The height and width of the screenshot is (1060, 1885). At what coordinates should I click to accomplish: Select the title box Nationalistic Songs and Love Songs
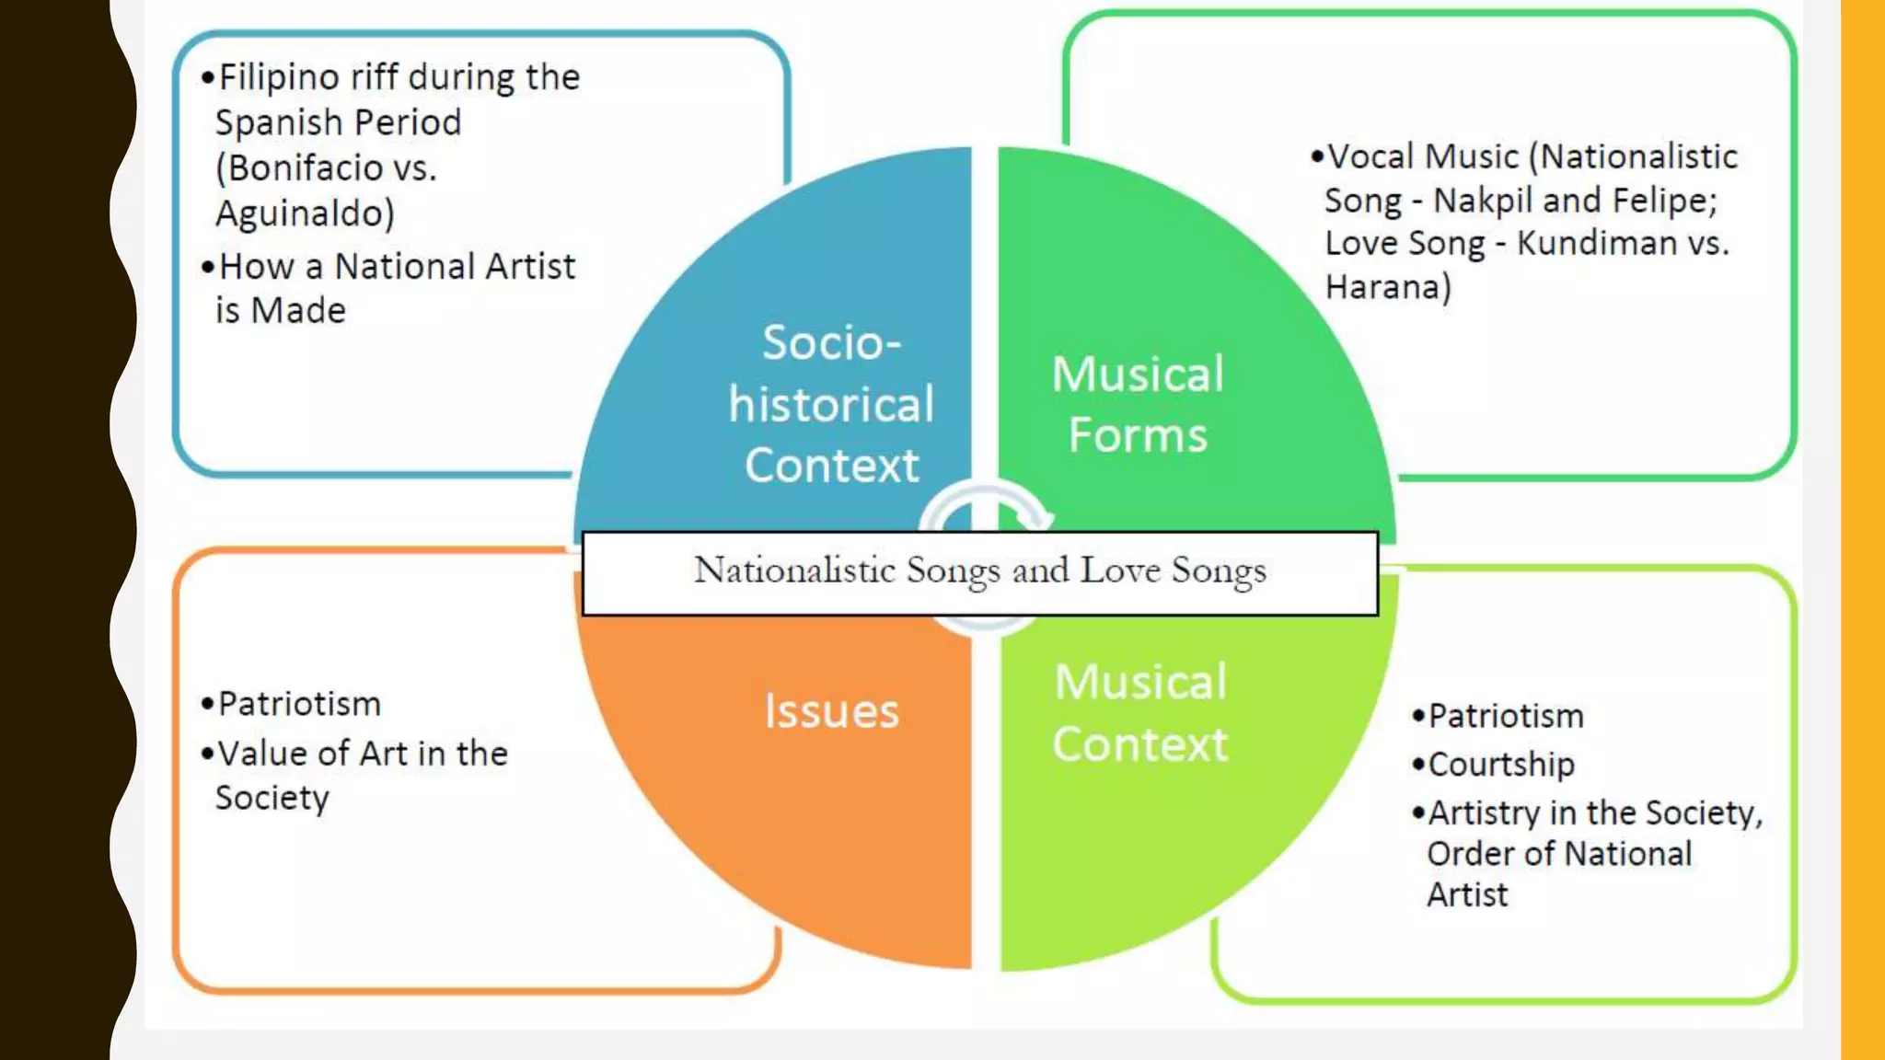click(x=979, y=571)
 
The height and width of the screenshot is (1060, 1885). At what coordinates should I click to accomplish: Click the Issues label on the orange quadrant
click(x=831, y=711)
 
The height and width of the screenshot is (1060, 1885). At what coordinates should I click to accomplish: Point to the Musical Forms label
click(x=1138, y=404)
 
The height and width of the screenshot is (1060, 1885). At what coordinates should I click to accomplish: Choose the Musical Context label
click(x=1140, y=712)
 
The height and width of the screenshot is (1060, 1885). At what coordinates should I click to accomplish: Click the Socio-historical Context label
click(x=831, y=403)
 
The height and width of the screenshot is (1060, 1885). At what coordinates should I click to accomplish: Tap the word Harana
click(x=1382, y=287)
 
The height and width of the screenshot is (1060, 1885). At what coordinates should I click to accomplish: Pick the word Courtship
click(x=1500, y=764)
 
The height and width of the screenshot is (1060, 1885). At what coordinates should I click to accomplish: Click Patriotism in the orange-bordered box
click(x=299, y=704)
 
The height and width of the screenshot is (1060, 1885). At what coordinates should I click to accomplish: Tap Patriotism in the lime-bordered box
click(x=1506, y=716)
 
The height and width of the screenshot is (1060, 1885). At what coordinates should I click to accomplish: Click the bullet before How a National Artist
click(x=208, y=267)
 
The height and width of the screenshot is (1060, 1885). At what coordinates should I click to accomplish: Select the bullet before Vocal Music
click(x=1317, y=156)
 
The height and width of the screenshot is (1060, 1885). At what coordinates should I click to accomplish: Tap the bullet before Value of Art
click(x=208, y=754)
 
